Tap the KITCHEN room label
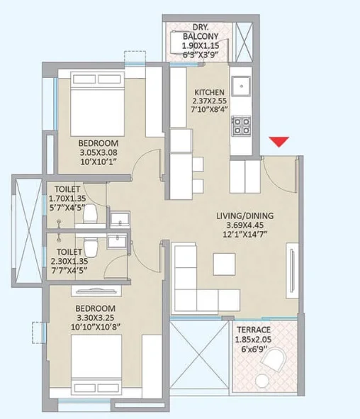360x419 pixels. click(209, 92)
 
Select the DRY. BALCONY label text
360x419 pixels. click(201, 31)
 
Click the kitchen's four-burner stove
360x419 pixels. click(241, 125)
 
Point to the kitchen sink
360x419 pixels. click(241, 86)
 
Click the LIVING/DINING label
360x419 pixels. click(245, 216)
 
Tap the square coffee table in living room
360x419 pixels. click(225, 264)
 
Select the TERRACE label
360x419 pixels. click(254, 330)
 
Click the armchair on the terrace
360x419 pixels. click(274, 359)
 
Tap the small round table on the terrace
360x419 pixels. click(262, 381)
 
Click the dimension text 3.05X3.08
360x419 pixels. click(99, 152)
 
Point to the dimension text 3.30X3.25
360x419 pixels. click(95, 318)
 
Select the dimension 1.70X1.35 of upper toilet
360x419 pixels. click(67, 199)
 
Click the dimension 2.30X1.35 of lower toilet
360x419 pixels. click(69, 261)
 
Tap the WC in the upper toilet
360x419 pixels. click(90, 213)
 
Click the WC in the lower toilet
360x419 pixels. click(91, 247)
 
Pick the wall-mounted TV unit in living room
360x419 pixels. click(292, 270)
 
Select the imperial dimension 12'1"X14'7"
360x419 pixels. click(245, 235)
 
